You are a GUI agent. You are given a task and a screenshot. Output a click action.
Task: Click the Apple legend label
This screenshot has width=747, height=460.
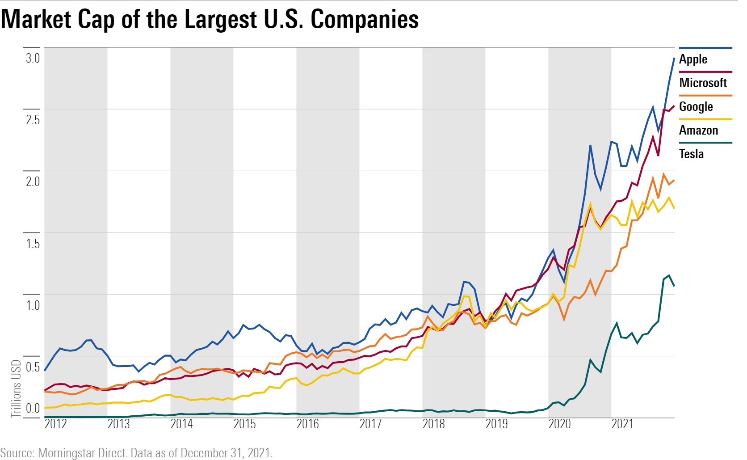pos(693,59)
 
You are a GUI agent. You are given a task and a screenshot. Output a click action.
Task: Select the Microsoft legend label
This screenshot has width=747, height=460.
pos(703,83)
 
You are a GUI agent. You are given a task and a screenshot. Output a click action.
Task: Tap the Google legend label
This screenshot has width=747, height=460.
pos(696,107)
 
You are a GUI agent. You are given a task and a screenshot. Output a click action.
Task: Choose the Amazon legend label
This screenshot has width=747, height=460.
pos(698,131)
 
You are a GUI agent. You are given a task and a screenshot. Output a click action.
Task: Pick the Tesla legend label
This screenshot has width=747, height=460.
pos(691,154)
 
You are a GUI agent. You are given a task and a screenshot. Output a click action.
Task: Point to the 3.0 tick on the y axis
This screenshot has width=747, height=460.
pos(33,58)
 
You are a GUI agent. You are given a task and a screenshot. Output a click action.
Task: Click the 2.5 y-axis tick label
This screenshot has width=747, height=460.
pos(33,120)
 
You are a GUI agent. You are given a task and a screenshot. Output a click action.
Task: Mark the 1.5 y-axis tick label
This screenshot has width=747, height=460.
pos(33,244)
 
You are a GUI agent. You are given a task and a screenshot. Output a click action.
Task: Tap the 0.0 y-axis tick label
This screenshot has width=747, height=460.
pos(33,408)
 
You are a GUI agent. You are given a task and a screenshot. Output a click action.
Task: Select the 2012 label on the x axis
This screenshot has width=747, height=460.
pos(56,424)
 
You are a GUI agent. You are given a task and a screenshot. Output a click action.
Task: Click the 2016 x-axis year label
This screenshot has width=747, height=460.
pos(308,424)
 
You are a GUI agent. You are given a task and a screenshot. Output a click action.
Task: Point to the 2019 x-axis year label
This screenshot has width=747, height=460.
pos(497,424)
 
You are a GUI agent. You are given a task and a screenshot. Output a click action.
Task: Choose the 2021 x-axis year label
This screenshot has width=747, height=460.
pos(623,424)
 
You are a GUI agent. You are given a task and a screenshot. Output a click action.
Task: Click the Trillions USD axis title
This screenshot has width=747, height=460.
pos(16,388)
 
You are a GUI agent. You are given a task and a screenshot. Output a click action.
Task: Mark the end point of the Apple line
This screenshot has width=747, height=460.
pos(674,58)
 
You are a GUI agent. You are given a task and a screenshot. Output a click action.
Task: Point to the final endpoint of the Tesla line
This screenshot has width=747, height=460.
pos(674,286)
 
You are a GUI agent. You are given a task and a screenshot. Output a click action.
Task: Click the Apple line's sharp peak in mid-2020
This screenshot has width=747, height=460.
pos(590,145)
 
